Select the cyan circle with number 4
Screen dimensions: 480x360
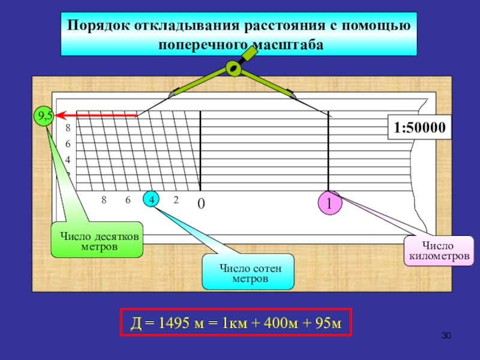pos(152,200)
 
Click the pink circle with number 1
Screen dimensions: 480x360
pos(329,203)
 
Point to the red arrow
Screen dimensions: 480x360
pos(96,115)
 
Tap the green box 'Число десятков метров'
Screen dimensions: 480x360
pos(97,241)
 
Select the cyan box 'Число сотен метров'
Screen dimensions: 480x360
pos(249,272)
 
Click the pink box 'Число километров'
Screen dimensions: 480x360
pos(439,251)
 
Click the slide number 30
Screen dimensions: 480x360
pos(446,334)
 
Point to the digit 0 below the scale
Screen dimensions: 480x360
pos(201,204)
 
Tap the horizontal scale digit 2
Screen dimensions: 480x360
pos(176,200)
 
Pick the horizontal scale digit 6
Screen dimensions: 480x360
pos(128,200)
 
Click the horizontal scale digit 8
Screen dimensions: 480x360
pos(104,200)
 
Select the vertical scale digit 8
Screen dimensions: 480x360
pos(68,128)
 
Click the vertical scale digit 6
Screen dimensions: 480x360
pos(68,144)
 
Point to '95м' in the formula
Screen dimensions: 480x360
pos(327,324)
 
